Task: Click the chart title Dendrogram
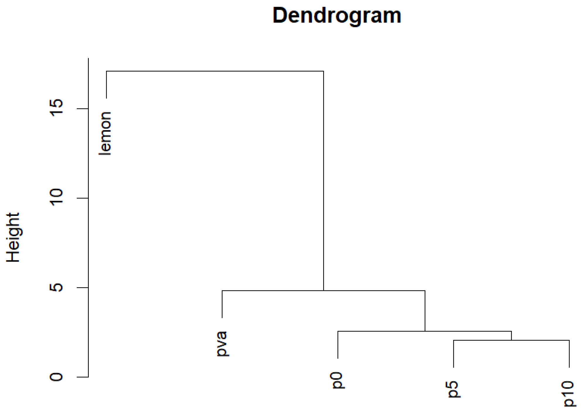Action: [x=337, y=16]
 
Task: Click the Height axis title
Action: [x=13, y=237]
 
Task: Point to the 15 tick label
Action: [x=57, y=108]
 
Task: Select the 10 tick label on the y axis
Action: [x=57, y=197]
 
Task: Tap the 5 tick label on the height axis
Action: [x=57, y=287]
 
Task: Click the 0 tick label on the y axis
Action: [x=57, y=377]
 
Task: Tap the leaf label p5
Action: [x=453, y=389]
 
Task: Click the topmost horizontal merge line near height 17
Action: [x=215, y=71]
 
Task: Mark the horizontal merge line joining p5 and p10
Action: [x=511, y=340]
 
